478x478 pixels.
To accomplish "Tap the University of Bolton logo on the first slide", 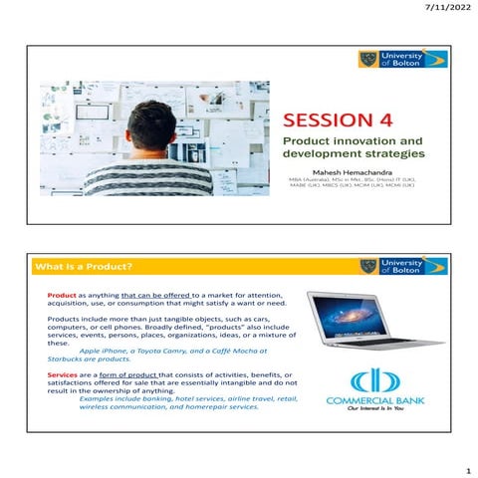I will click(402, 60).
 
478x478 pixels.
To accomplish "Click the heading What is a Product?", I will click(83, 267).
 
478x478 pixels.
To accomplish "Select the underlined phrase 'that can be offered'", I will click(155, 296).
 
